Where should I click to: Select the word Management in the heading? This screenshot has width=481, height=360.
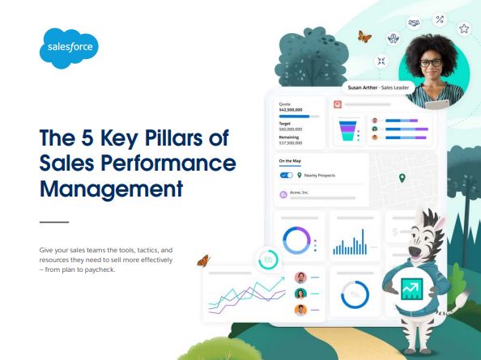coord(111,190)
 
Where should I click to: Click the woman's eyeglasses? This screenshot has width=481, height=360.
coord(431,61)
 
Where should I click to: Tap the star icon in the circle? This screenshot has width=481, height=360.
coord(464,28)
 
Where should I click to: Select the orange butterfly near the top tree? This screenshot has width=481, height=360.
coord(364,36)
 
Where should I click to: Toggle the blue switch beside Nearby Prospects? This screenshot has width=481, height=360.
coord(286,175)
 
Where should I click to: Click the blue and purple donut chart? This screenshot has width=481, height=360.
coord(296,240)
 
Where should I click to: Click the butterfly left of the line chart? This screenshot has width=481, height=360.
coord(204,260)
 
